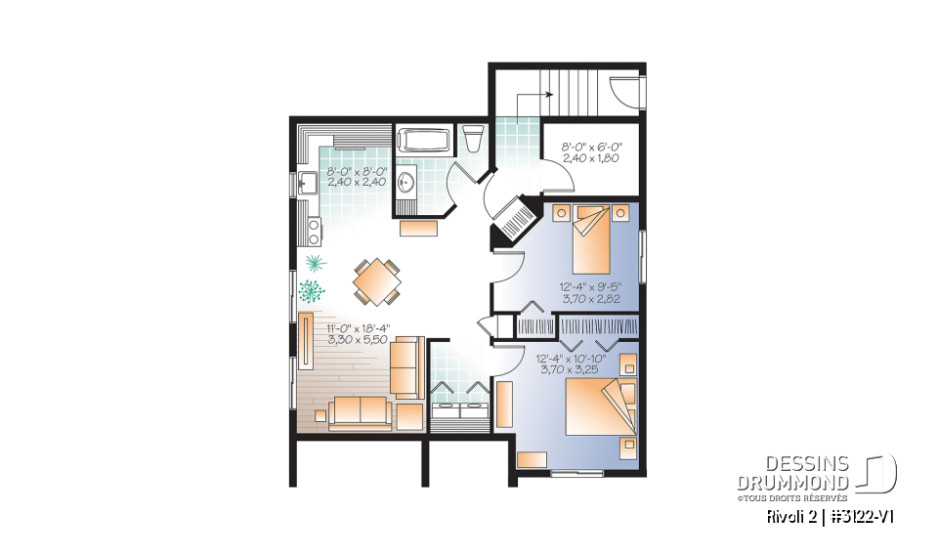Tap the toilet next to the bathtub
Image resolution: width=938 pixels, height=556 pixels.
(x=472, y=138)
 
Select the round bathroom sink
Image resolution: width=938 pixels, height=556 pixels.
(x=406, y=183)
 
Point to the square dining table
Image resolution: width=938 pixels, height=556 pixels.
(x=375, y=281)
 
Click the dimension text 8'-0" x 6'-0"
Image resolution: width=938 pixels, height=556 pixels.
(x=591, y=148)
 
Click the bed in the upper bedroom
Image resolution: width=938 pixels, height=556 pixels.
(x=591, y=240)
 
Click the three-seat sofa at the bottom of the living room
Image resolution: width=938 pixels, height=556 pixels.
(x=359, y=412)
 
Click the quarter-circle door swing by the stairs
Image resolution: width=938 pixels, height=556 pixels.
(x=621, y=91)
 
